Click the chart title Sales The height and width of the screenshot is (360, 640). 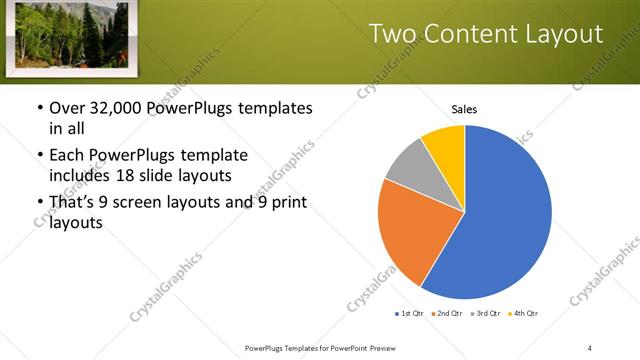tap(464, 109)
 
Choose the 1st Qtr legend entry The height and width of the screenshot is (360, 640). tap(411, 314)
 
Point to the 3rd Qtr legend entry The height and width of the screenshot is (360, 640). tap(488, 314)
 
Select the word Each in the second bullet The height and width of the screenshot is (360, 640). tap(67, 156)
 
